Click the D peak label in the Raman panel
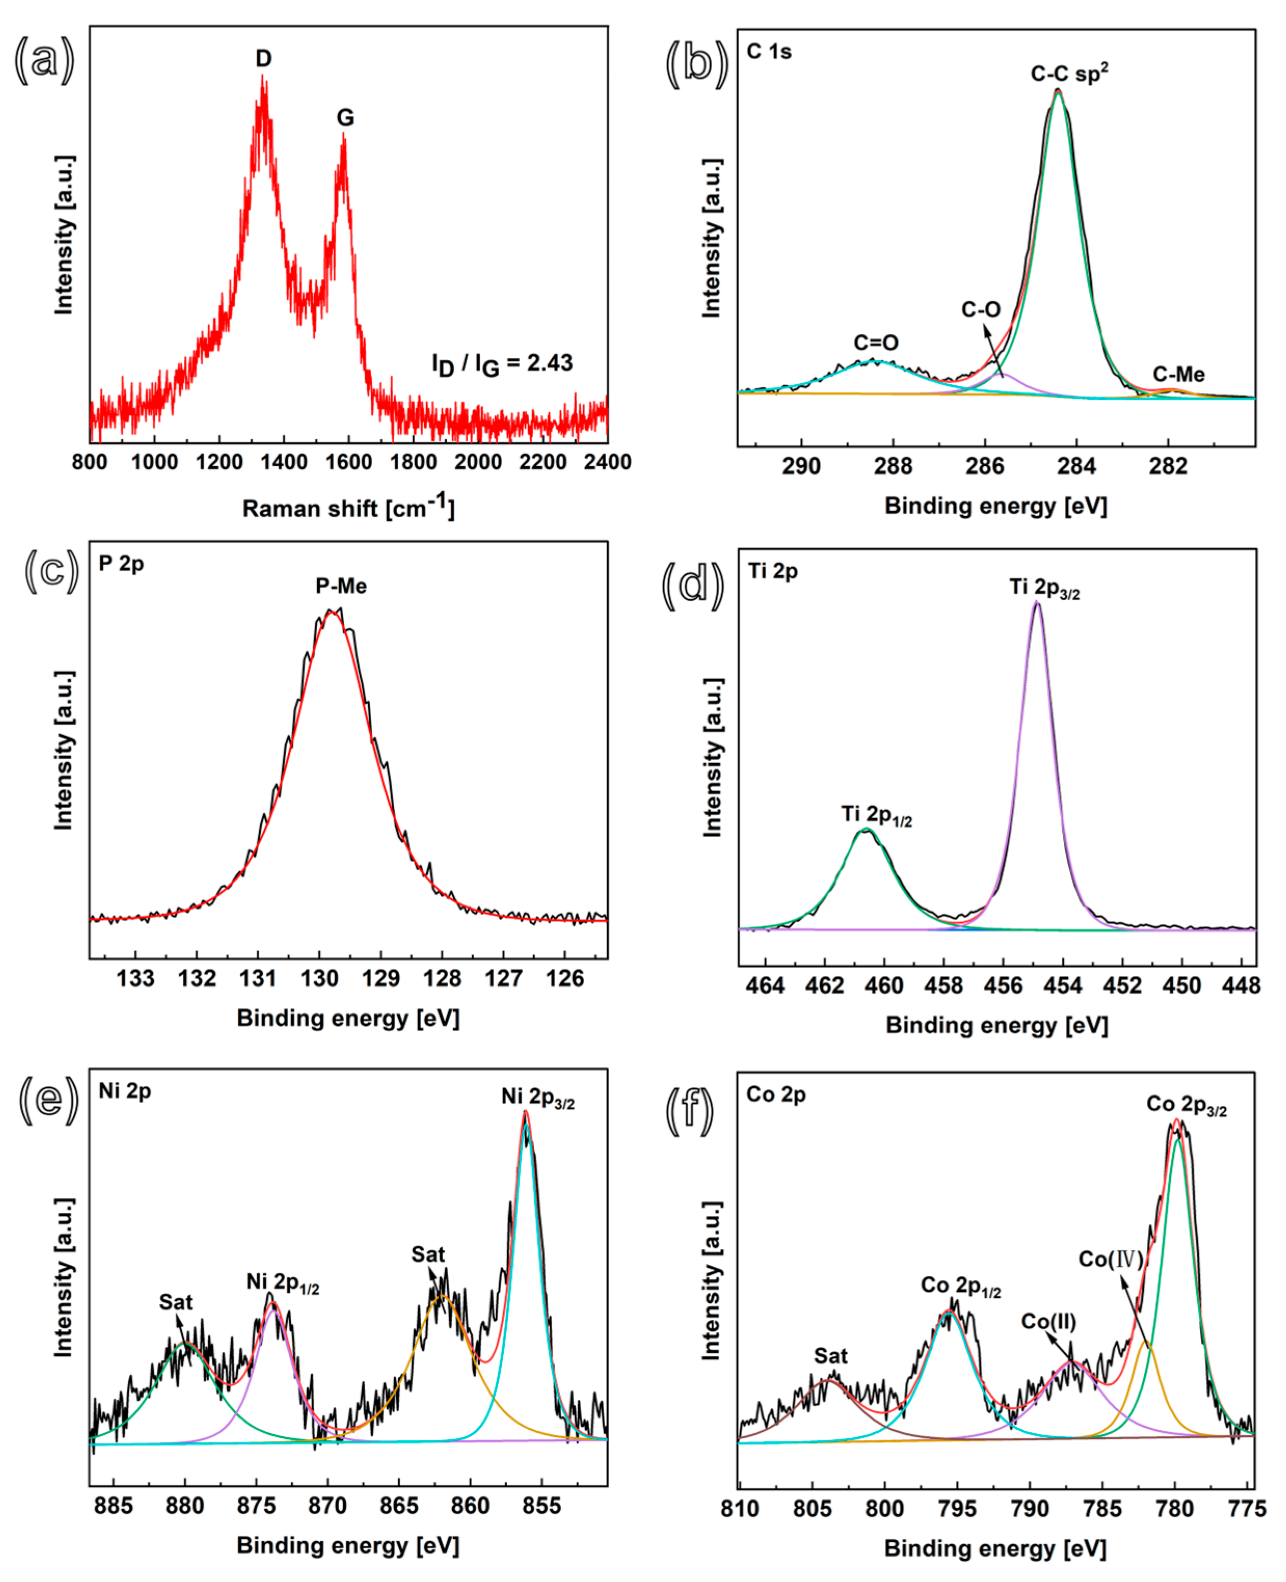(x=263, y=59)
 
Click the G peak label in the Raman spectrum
(x=345, y=118)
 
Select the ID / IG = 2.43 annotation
(x=502, y=363)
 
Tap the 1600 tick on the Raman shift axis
(x=349, y=462)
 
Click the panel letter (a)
(x=45, y=60)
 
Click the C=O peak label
(x=876, y=342)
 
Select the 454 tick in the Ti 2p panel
(x=1063, y=986)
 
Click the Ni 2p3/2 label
(x=538, y=1097)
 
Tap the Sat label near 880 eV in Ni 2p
(x=175, y=1302)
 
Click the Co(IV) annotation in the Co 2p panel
(x=1111, y=1259)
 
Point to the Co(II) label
(x=1048, y=1321)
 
